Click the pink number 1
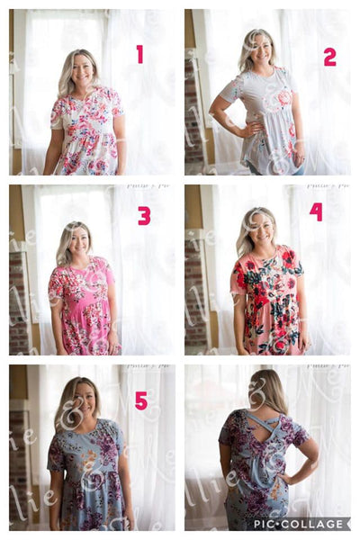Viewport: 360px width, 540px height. pos(139,54)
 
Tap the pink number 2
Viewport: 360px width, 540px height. pos(329,57)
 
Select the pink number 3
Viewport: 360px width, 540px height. pos(144,215)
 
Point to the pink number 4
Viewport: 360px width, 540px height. pos(316,211)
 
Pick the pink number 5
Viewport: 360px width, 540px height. pos(141,400)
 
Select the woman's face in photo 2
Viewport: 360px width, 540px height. pos(260,49)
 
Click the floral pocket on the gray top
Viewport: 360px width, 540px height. pos(283,98)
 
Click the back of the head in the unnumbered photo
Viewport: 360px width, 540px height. pos(267,389)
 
